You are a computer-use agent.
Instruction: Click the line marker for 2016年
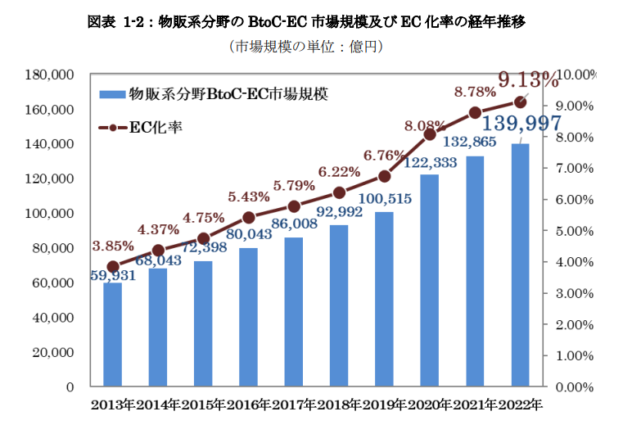click(x=249, y=217)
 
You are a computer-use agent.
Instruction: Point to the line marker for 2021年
click(x=475, y=112)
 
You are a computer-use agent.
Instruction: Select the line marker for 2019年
click(x=385, y=176)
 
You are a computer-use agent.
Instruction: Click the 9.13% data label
click(x=528, y=80)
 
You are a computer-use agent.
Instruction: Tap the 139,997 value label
click(x=521, y=124)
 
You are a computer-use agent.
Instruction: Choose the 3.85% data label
click(x=113, y=245)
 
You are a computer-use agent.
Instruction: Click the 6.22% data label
click(x=339, y=172)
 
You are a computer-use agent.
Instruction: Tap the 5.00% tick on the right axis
click(x=574, y=231)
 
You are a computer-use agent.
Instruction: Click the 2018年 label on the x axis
click(x=339, y=405)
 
